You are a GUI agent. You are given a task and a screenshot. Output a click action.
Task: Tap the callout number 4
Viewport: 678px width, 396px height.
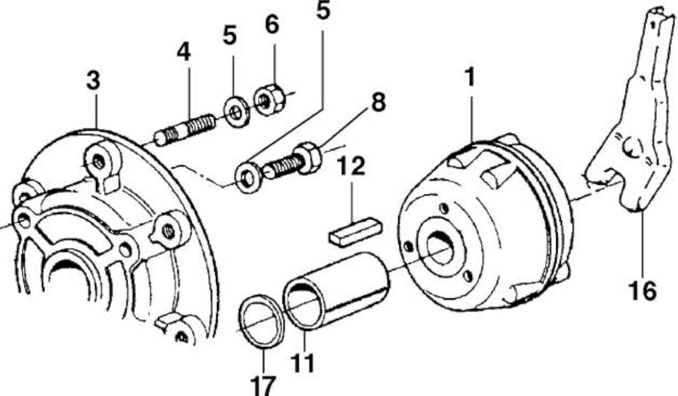click(184, 52)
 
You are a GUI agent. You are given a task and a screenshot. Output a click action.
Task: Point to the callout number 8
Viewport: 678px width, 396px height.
click(378, 102)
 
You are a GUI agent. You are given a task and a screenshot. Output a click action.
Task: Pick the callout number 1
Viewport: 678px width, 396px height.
click(469, 77)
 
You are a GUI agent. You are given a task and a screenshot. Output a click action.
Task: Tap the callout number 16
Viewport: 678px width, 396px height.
click(643, 291)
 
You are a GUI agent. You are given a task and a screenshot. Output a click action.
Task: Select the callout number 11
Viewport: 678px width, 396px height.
click(302, 363)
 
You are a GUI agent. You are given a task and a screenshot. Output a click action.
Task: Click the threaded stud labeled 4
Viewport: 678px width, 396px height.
click(185, 130)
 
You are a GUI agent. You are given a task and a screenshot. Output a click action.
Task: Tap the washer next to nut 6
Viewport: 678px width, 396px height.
click(237, 112)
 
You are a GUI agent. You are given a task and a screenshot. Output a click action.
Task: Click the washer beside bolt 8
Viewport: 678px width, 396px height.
click(249, 178)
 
